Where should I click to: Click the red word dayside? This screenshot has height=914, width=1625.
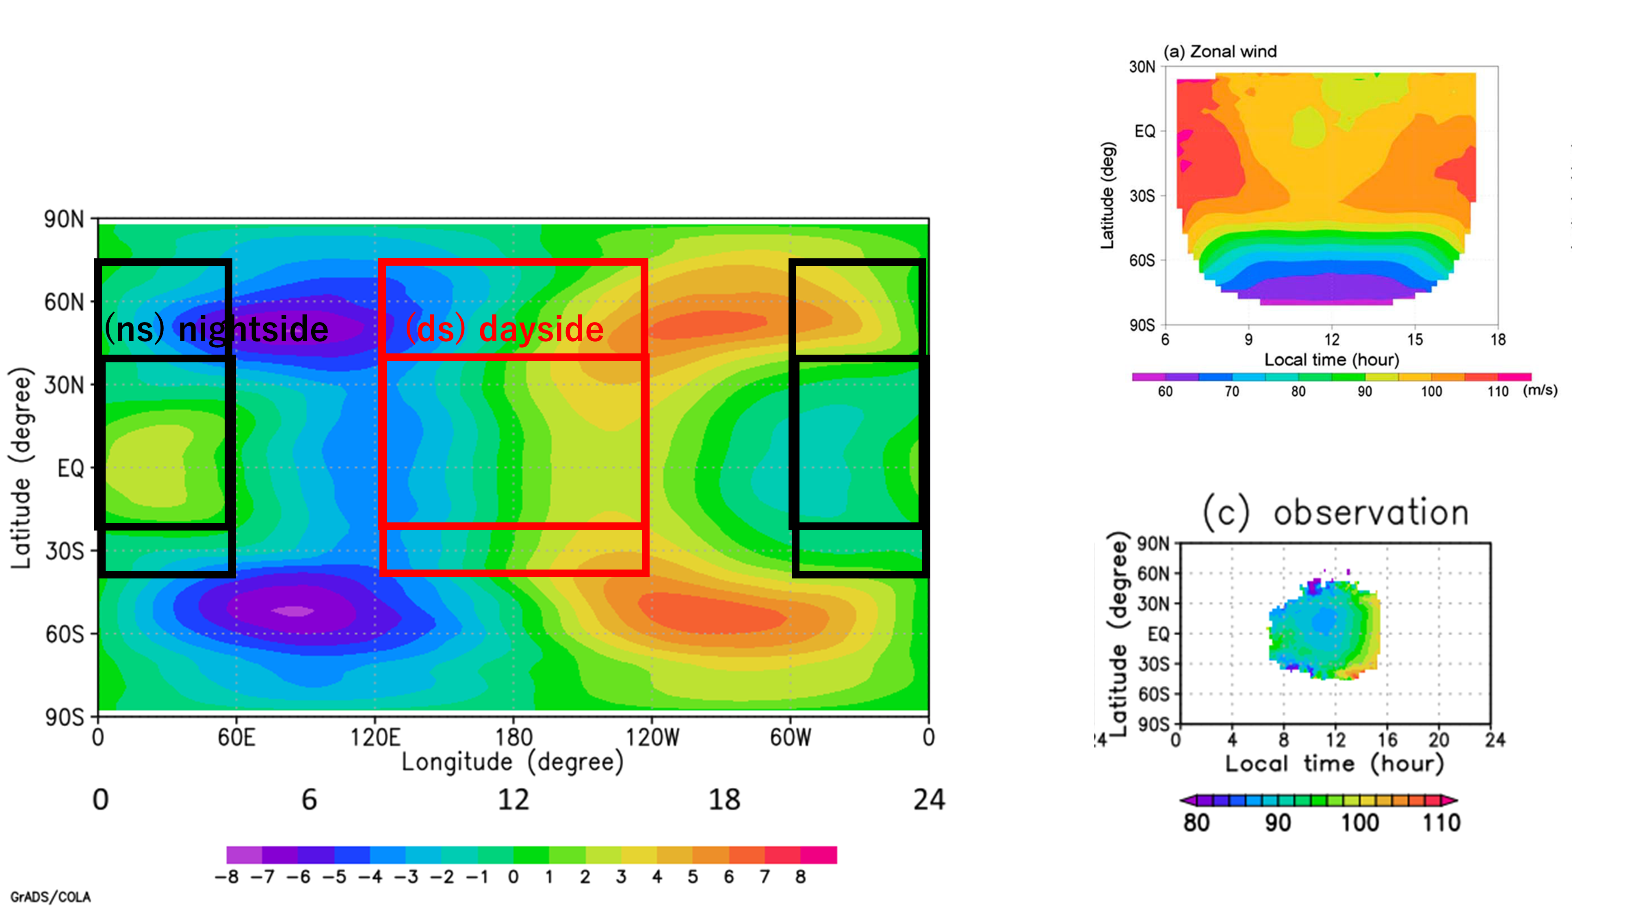541,329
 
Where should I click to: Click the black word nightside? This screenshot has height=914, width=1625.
253,329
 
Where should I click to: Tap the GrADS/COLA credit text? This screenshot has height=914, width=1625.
50,897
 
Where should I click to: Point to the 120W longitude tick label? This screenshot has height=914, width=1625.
652,737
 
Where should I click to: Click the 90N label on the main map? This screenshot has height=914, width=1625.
64,219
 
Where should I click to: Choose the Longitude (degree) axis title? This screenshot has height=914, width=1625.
512,762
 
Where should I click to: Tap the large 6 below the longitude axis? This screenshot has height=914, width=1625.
309,800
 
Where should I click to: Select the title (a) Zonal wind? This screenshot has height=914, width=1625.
1220,52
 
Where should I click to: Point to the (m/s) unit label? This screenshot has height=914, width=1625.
1540,390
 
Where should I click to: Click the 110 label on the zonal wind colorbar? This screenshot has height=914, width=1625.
1497,392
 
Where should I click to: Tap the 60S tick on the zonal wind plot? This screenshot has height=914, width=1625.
1142,260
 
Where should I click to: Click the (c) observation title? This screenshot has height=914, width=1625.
1335,512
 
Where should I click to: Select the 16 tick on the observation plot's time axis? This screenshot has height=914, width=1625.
1387,739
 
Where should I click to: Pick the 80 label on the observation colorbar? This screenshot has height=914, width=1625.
1196,823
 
